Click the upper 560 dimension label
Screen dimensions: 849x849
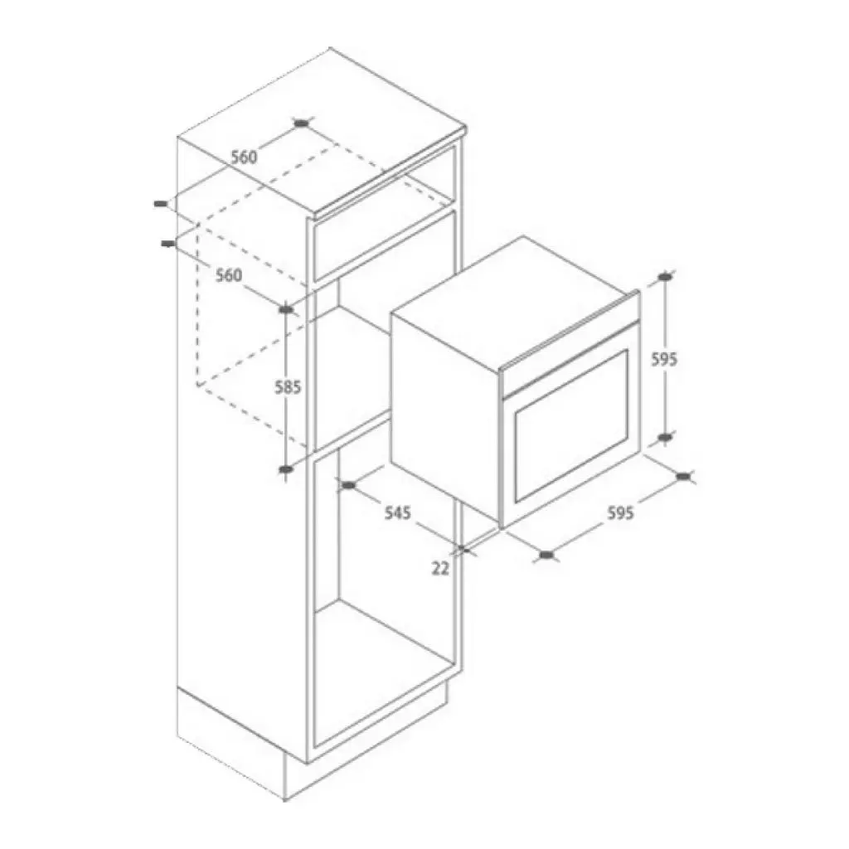pos(244,157)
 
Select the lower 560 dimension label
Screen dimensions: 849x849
pos(229,275)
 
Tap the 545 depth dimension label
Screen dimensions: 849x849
pos(397,513)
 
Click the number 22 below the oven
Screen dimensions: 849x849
pos(440,568)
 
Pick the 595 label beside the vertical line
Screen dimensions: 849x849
pos(664,359)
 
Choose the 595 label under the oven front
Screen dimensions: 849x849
pos(620,513)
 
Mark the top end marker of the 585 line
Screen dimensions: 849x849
pos(286,309)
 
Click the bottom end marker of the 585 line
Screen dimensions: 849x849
pos(286,470)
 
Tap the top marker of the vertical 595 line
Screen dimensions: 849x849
pos(665,277)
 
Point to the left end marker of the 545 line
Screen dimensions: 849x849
pos(349,485)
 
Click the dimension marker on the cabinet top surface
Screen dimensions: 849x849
pos(302,124)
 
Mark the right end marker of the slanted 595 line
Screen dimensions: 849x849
pos(684,476)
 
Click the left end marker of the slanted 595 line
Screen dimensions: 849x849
pos(546,555)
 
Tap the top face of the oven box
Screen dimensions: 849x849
pos(514,286)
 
